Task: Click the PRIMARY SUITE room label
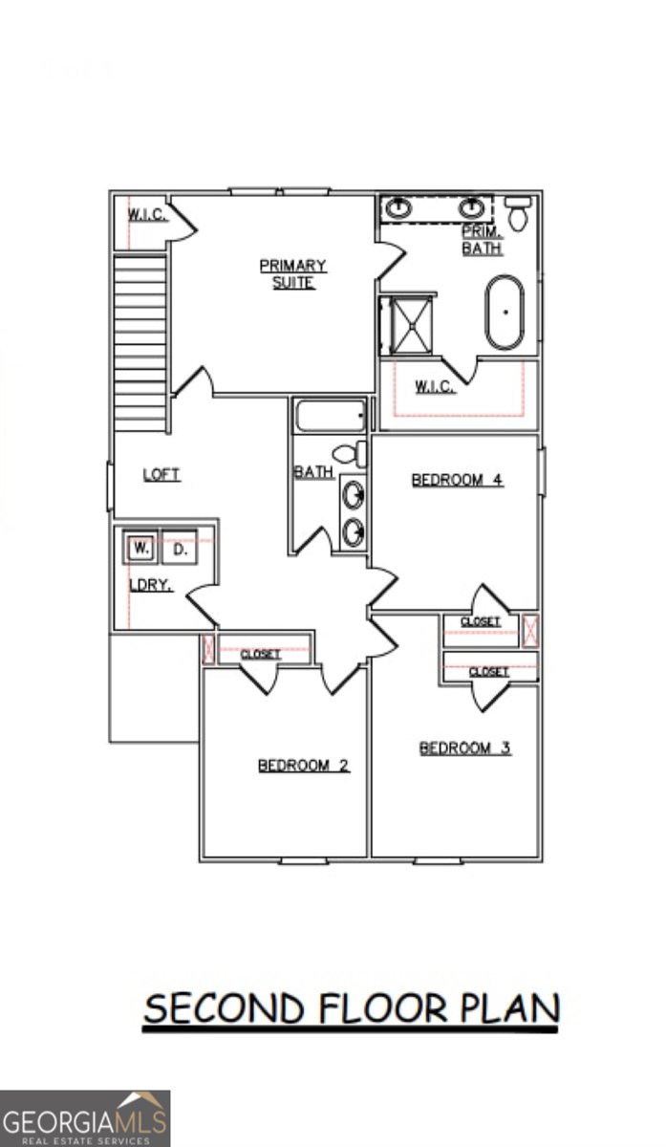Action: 293,273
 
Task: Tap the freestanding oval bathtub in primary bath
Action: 505,313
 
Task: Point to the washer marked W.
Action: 140,549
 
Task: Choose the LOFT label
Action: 161,474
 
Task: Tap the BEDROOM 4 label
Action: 457,480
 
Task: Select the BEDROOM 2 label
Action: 303,765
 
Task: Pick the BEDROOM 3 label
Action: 464,747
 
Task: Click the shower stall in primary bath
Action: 406,325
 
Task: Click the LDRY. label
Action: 151,585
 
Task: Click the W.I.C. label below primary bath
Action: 435,386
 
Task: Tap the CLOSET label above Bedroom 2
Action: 260,654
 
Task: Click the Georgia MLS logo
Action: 85,1118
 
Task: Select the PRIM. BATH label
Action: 483,240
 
